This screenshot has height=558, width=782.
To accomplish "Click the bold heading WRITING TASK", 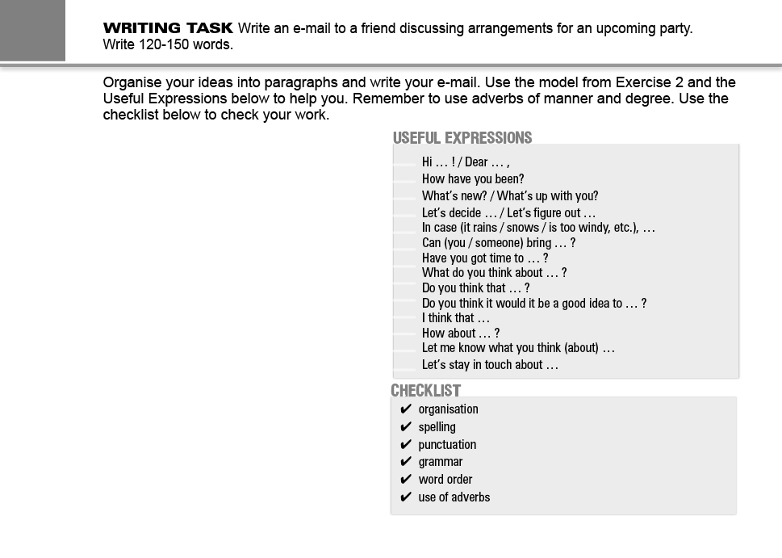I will (168, 28).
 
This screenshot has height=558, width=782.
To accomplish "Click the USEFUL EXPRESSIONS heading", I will (462, 138).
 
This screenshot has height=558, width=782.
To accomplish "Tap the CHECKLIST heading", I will (426, 391).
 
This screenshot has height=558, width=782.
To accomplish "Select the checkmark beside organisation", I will (406, 409).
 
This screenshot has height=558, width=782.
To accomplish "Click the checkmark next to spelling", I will (406, 427).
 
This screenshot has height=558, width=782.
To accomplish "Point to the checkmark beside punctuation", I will (406, 445).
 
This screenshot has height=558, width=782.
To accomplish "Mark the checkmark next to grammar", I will (406, 463).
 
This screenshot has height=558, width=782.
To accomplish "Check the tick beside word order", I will (406, 480).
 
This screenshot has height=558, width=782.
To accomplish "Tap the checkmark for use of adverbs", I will (406, 497).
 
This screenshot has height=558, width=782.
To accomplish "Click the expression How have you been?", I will (473, 179).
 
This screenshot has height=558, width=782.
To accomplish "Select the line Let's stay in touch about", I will (490, 365).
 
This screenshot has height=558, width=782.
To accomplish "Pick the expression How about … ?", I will (461, 333).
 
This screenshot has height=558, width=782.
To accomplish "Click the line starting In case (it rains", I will (538, 228).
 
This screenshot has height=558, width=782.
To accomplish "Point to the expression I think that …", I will (456, 318).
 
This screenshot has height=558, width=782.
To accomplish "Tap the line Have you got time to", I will (485, 258).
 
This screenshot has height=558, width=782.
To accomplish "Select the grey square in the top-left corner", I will (32, 30).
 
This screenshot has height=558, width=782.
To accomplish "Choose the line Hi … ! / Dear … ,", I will (466, 162).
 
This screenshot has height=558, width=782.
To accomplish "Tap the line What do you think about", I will (494, 273).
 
